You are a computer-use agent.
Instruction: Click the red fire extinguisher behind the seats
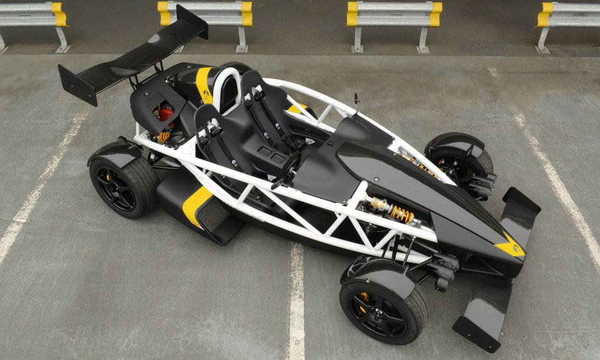point(166,111)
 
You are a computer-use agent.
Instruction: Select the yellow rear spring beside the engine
point(164,137)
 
